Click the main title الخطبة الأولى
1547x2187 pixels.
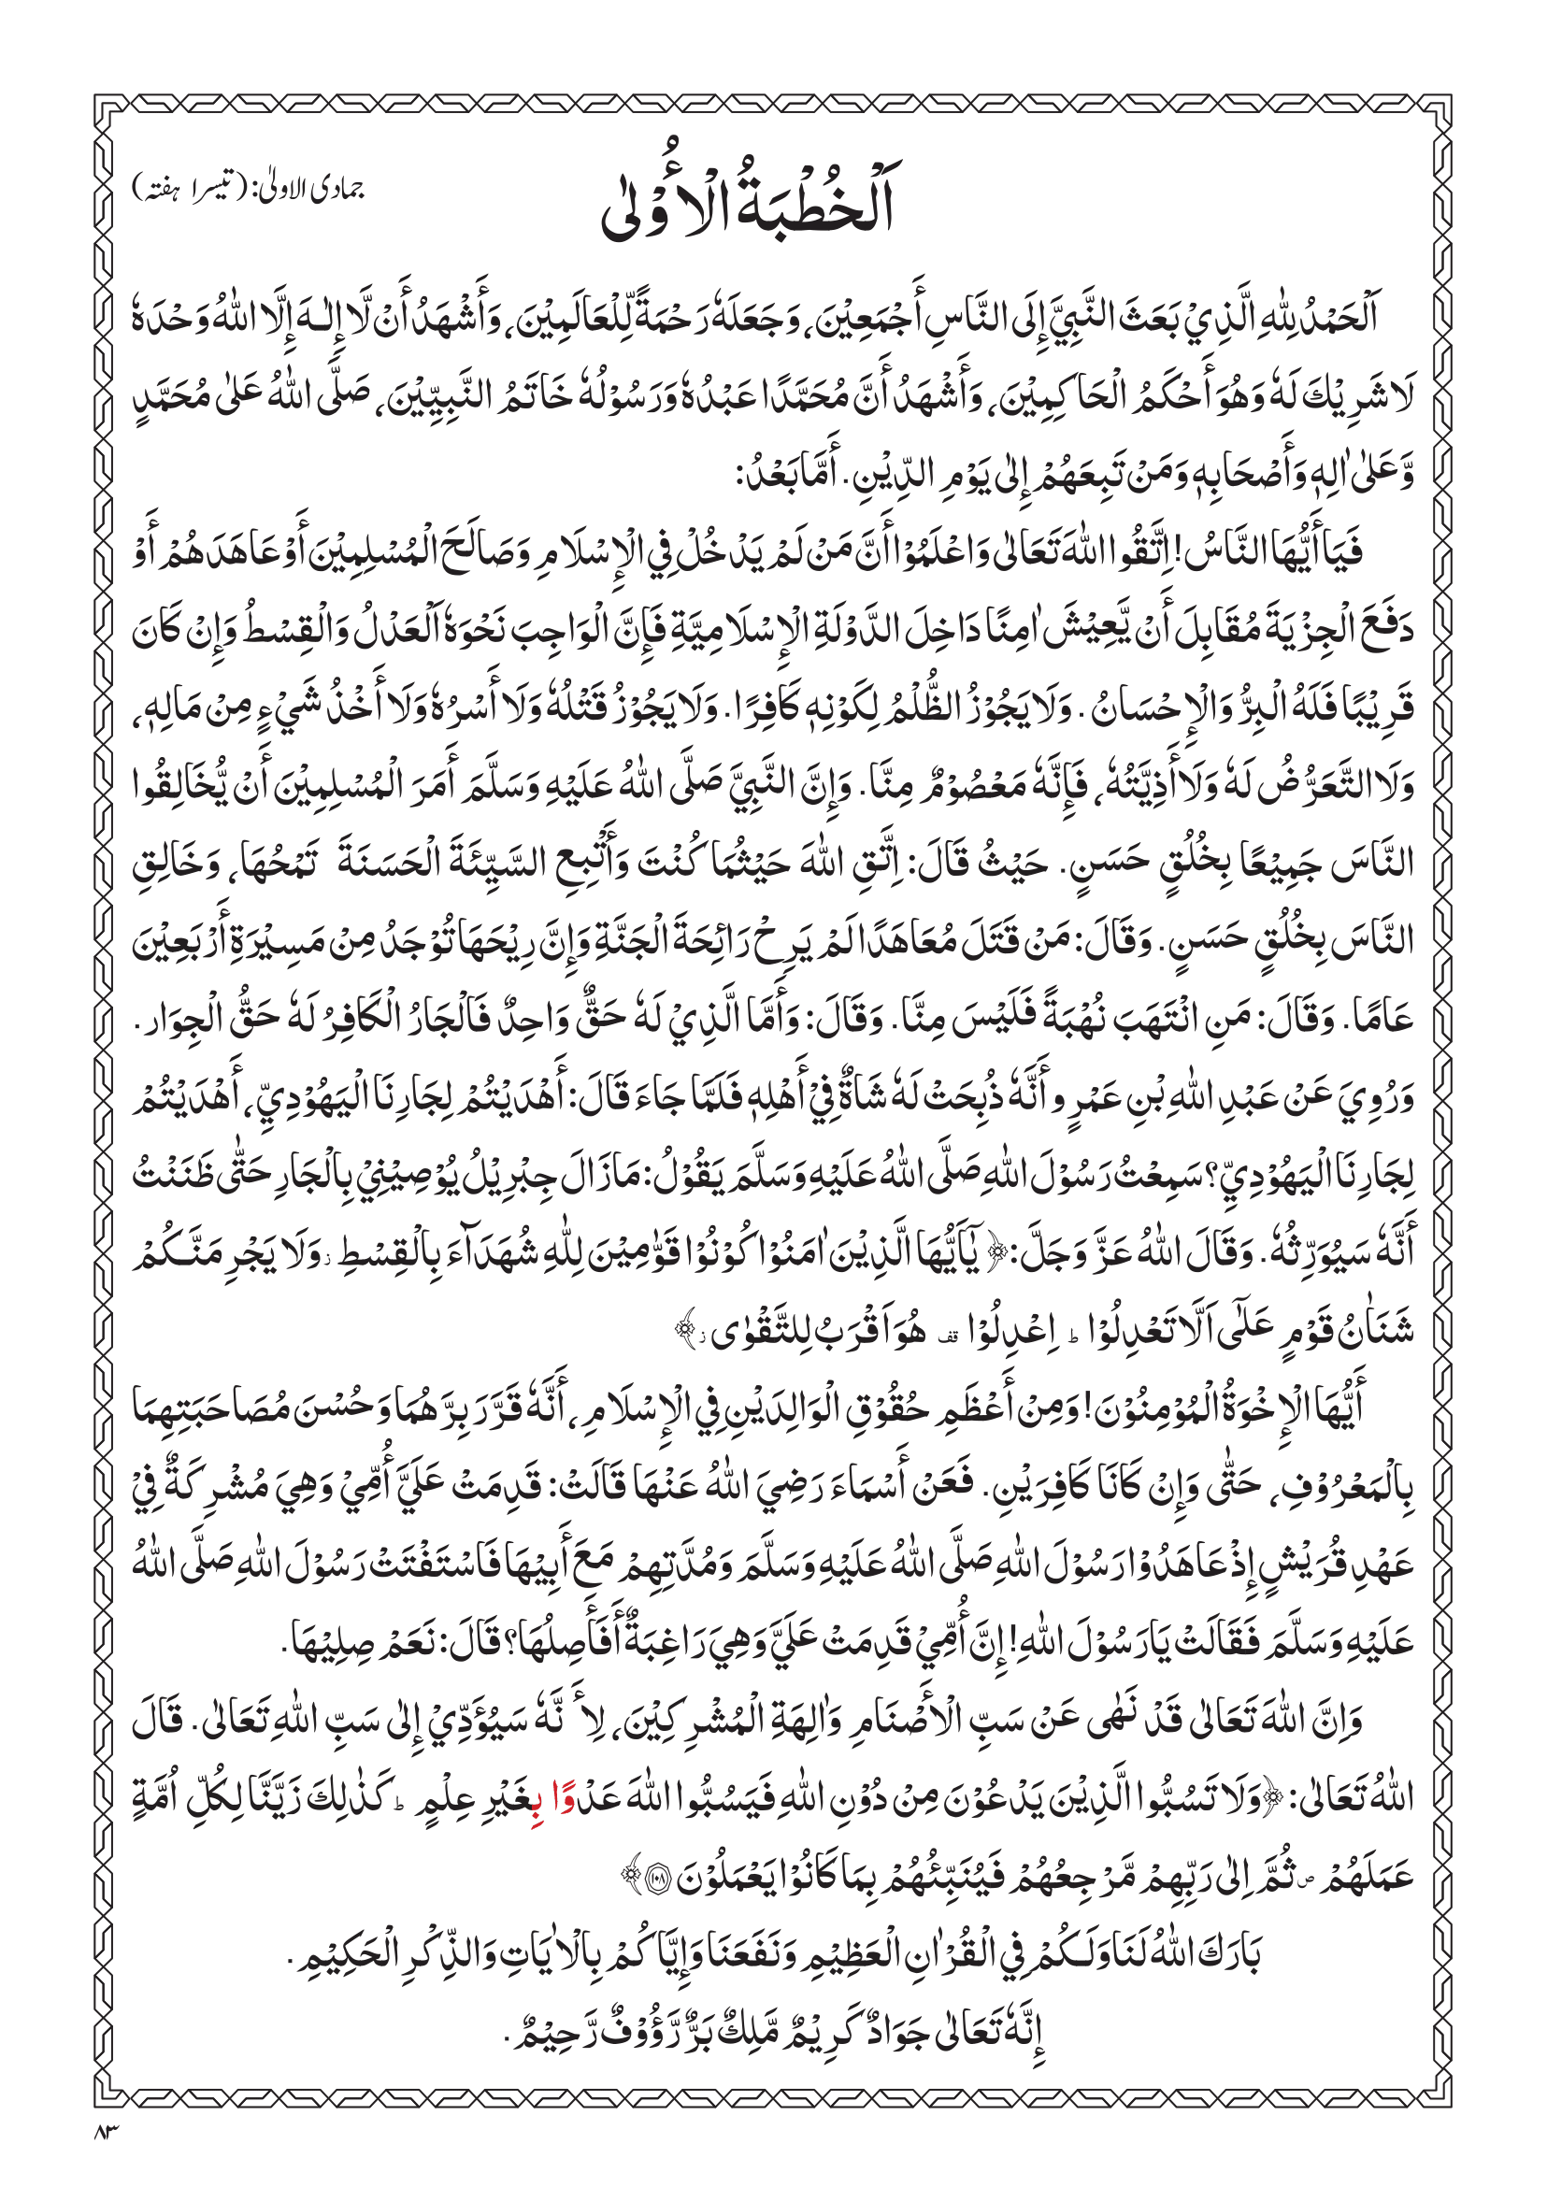point(749,201)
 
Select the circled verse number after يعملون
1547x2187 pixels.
point(656,1876)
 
